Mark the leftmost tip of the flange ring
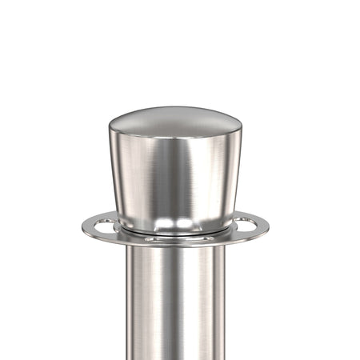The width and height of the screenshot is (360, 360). click(x=81, y=226)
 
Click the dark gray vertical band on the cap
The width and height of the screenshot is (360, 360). click(x=200, y=172)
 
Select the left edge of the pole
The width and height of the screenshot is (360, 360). click(x=125, y=304)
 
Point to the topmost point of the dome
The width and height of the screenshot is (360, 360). click(x=174, y=107)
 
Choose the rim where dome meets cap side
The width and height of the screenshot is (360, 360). click(x=174, y=138)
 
